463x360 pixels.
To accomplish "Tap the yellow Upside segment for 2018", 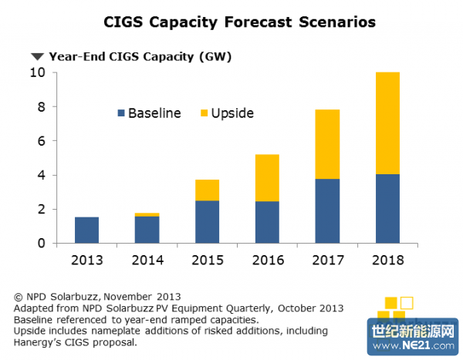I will click(387, 123).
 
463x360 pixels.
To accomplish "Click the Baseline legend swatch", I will click(120, 113).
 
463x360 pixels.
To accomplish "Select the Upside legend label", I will click(232, 113).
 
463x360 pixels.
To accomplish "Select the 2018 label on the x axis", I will click(387, 260).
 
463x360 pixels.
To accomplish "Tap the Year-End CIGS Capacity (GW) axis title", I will click(140, 56).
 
